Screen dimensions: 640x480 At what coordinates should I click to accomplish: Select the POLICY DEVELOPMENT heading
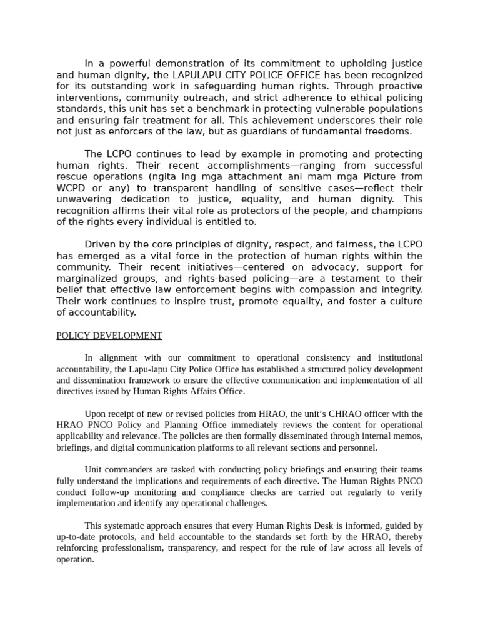pos(109,336)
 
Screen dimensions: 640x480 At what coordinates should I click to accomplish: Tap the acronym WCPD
pos(71,188)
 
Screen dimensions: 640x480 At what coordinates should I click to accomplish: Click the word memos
pos(409,436)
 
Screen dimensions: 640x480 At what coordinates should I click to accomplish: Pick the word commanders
pos(131,470)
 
